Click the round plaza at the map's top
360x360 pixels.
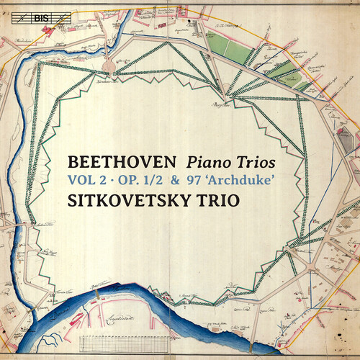pyautogui.click(x=109, y=66)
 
